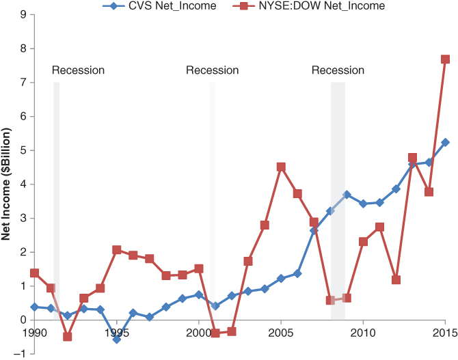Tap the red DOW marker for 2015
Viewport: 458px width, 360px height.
445,59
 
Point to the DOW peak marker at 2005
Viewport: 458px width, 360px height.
281,167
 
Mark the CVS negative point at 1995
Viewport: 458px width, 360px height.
117,339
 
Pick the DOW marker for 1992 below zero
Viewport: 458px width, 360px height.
68,337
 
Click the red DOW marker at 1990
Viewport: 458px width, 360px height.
35,273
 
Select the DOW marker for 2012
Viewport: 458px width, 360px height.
396,280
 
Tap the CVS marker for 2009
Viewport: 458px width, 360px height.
347,195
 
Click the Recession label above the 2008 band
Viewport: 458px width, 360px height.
338,70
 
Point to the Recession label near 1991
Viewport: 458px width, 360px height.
78,70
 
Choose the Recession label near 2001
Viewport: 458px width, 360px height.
212,70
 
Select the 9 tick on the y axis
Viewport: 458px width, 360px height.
23,14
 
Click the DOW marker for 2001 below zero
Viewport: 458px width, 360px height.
215,333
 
